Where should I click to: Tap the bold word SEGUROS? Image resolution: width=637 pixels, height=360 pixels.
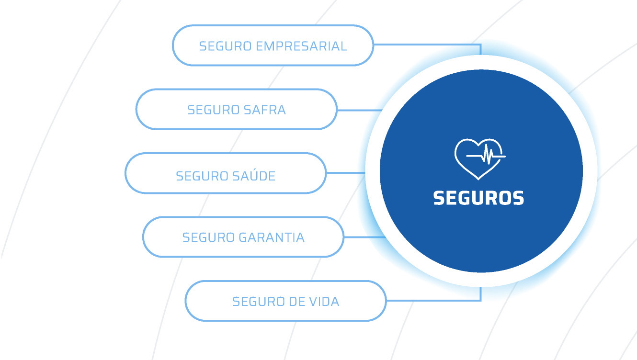478,198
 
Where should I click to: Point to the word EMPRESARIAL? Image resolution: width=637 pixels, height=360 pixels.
301,46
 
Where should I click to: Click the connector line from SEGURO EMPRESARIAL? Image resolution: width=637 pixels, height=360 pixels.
426,45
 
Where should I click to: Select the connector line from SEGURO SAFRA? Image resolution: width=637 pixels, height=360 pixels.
359,110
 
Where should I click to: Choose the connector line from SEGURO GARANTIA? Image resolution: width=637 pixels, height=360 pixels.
364,237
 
